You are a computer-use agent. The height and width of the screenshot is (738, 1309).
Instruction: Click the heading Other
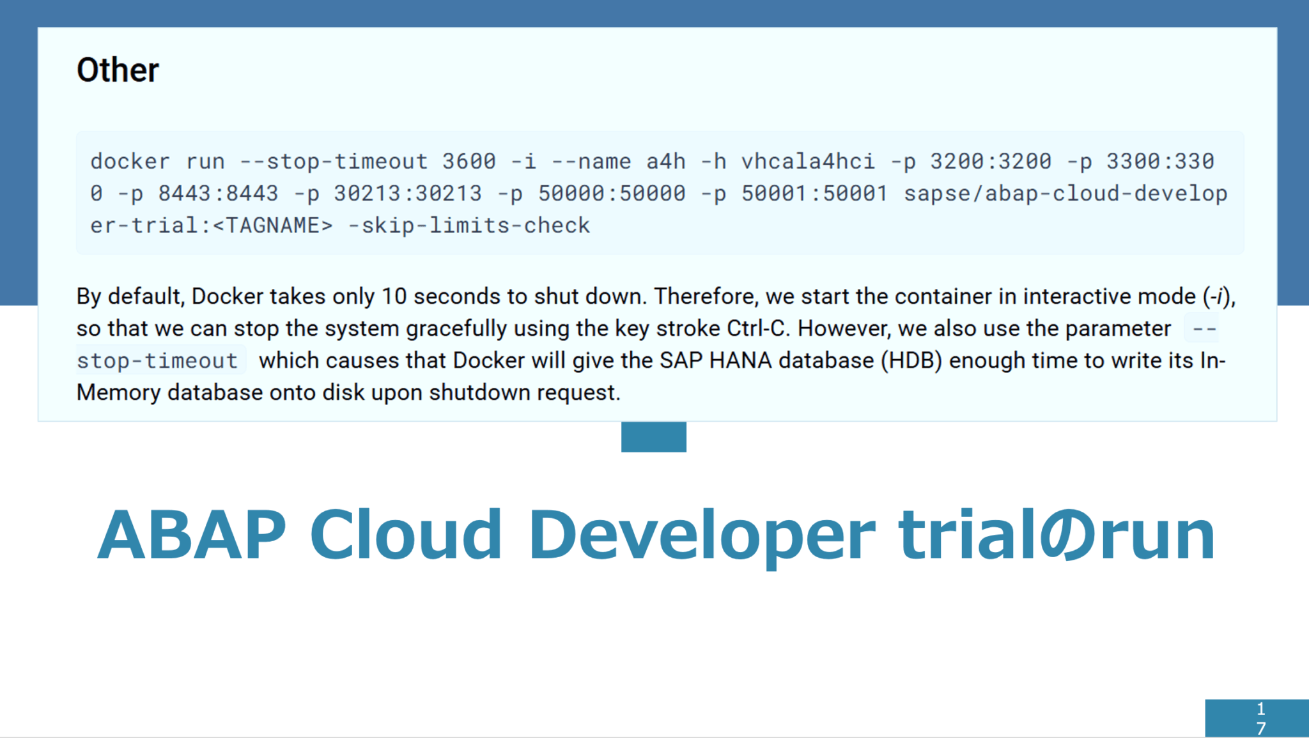click(118, 70)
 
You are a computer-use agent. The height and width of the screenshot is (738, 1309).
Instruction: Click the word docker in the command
click(130, 162)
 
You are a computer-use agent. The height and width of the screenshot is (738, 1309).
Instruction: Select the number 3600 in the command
click(469, 162)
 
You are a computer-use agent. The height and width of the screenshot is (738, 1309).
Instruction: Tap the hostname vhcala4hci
click(808, 162)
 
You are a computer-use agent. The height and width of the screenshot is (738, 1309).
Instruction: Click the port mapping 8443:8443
click(218, 194)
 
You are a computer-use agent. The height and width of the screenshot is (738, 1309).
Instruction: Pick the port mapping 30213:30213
click(408, 194)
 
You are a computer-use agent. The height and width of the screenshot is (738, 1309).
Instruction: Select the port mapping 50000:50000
click(612, 194)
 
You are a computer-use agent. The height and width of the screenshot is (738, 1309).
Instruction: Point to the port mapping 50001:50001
click(814, 194)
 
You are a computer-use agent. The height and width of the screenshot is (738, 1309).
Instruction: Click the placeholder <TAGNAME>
click(272, 226)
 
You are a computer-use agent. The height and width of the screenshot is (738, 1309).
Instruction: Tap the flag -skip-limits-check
click(469, 226)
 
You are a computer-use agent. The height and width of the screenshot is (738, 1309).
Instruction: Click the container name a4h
click(665, 162)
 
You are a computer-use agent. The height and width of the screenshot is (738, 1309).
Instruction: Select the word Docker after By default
click(228, 296)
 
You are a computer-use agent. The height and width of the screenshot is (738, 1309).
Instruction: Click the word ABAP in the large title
click(192, 535)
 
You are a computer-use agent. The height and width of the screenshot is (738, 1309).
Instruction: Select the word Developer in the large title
click(701, 535)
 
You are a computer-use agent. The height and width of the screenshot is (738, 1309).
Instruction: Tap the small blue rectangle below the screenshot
click(653, 437)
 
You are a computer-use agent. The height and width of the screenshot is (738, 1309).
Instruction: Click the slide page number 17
click(1260, 718)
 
